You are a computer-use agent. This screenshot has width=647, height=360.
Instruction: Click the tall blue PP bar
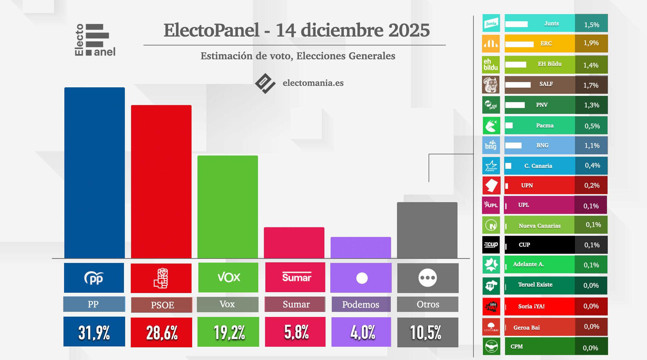pyautogui.click(x=94, y=173)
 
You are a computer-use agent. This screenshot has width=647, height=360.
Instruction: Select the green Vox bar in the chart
pyautogui.click(x=228, y=207)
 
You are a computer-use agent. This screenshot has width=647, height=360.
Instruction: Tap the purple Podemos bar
pyautogui.click(x=361, y=248)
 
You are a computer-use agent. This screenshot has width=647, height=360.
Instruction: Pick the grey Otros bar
pyautogui.click(x=427, y=230)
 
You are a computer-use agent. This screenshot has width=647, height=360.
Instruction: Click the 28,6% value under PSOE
pyautogui.click(x=161, y=332)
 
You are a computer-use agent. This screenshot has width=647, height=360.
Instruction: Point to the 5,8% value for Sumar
pyautogui.click(x=296, y=332)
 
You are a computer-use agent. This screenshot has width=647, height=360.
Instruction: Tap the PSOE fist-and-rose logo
pyautogui.click(x=161, y=278)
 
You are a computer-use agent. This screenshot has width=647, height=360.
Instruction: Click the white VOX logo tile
pyautogui.click(x=228, y=278)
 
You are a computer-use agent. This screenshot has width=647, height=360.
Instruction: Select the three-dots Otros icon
pyautogui.click(x=427, y=278)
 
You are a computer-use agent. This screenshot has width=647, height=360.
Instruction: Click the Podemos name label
pyautogui.click(x=361, y=304)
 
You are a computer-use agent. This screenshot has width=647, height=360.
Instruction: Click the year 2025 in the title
pyautogui.click(x=409, y=30)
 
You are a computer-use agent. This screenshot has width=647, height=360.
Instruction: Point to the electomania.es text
pyautogui.click(x=313, y=83)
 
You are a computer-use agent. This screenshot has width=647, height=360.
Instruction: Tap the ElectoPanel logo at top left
pyautogui.click(x=95, y=40)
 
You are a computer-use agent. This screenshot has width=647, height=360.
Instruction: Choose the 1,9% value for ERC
pyautogui.click(x=591, y=43)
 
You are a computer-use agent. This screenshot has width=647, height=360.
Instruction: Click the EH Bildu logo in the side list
pyautogui.click(x=491, y=64)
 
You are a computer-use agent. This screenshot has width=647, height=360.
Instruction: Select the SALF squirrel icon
pyautogui.click(x=491, y=85)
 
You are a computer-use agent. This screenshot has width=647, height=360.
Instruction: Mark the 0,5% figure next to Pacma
pyautogui.click(x=592, y=126)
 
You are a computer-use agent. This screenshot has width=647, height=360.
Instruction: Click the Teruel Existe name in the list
pyautogui.click(x=535, y=285)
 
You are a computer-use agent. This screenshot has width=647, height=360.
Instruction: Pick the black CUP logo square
pyautogui.click(x=491, y=245)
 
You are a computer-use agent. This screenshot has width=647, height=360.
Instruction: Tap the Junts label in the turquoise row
pyautogui.click(x=551, y=23)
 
